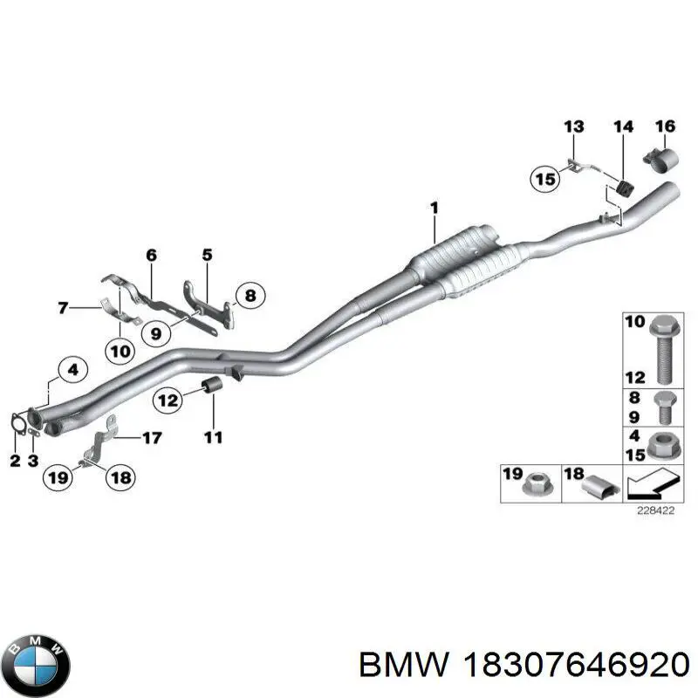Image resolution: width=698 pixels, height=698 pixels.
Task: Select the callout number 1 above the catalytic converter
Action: point(434,207)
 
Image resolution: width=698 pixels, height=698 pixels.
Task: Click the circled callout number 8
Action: point(250,297)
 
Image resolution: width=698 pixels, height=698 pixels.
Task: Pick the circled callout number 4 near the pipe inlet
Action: point(72,370)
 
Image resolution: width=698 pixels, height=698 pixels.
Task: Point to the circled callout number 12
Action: point(168,400)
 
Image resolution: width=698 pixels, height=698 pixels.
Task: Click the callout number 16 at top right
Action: point(665,127)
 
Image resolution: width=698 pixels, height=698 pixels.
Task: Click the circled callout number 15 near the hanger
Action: point(545,180)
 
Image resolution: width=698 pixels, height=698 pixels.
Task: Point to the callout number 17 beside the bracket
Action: point(152,438)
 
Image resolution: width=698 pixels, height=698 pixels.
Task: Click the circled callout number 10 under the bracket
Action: point(120,352)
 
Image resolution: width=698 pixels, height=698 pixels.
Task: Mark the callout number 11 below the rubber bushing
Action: point(213,436)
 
